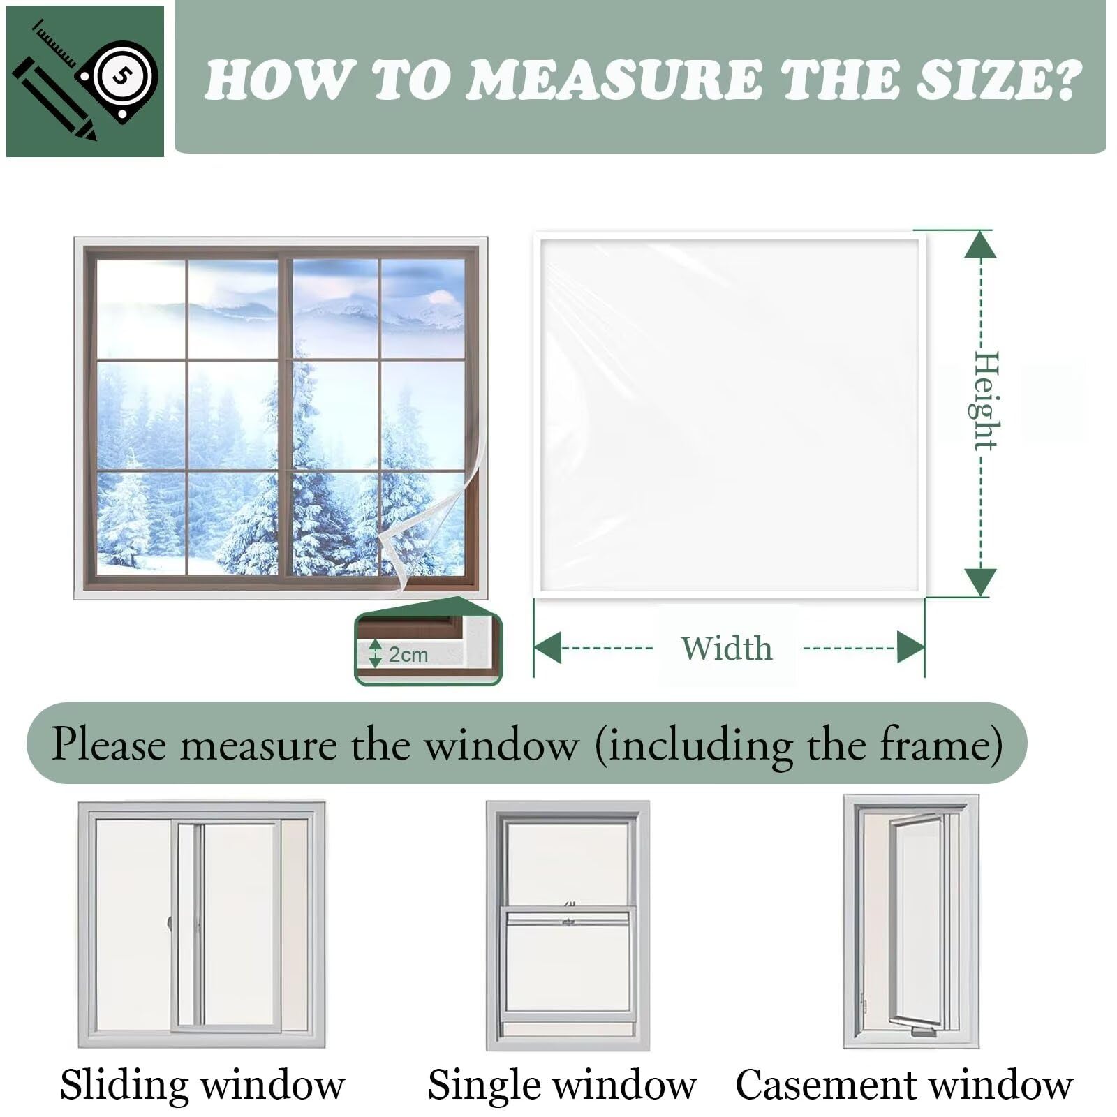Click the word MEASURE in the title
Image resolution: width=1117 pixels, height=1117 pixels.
[x=614, y=80]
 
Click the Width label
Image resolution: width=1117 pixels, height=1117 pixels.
[x=727, y=649]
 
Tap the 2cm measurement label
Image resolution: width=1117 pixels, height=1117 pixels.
[x=408, y=655]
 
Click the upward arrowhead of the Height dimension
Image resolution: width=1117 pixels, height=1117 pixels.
[x=981, y=244]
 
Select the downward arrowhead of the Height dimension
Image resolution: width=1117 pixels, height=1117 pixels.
[x=981, y=582]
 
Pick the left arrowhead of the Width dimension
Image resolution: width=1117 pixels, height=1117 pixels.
[x=547, y=647]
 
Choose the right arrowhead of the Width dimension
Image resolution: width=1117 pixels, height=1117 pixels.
[x=910, y=647]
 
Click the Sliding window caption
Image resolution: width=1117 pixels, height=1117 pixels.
[x=202, y=1084]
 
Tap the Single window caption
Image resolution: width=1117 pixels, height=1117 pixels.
[x=562, y=1084]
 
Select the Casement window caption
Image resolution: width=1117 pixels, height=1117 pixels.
[x=904, y=1084]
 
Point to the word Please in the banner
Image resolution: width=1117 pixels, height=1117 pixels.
[x=110, y=744]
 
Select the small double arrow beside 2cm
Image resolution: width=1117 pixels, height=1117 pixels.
[x=376, y=653]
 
